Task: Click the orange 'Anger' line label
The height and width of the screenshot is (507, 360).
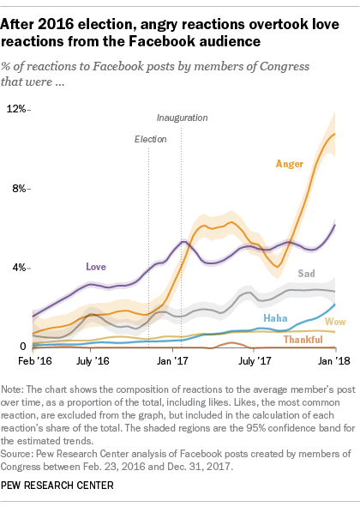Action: [289, 163]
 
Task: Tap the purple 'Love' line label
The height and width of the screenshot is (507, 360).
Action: [96, 267]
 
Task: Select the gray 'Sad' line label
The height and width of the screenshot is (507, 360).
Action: [306, 274]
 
